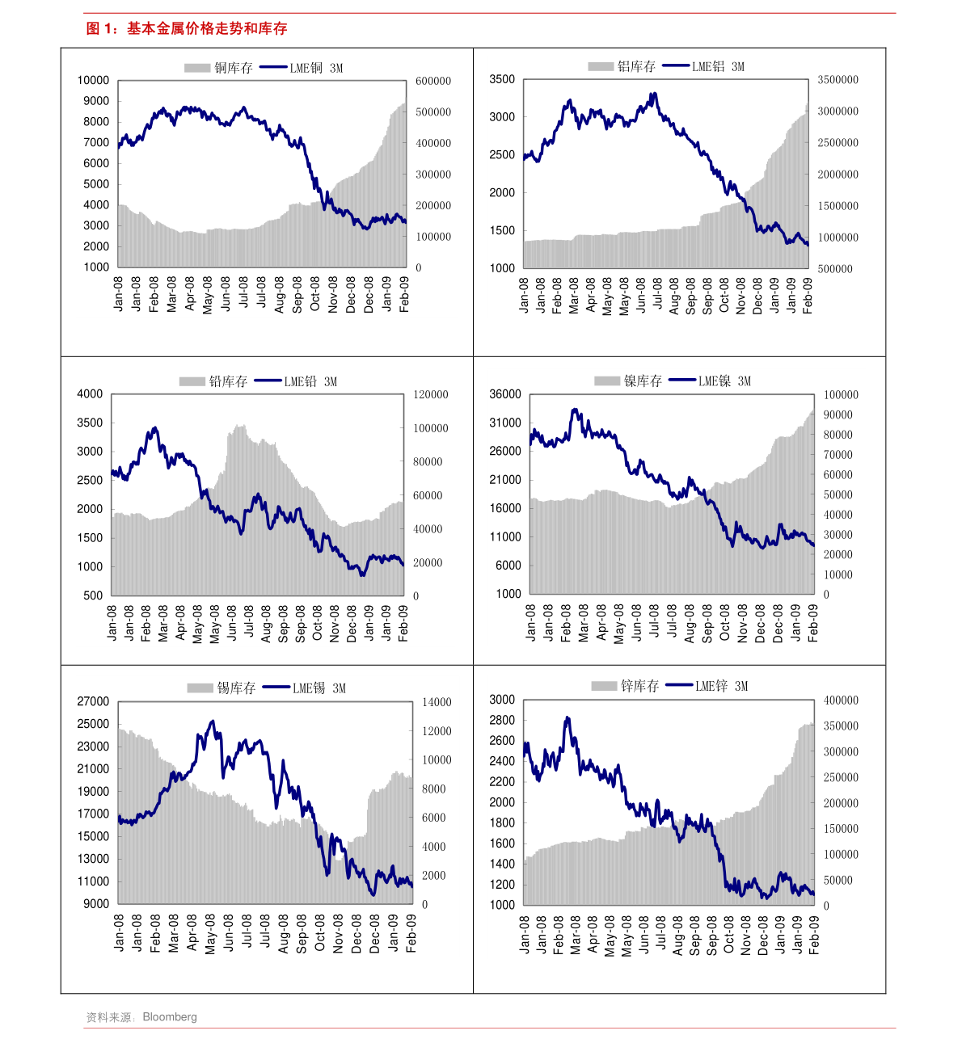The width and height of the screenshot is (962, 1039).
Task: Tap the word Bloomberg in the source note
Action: pyautogui.click(x=169, y=1017)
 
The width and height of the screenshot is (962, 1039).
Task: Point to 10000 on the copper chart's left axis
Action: pyautogui.click(x=93, y=80)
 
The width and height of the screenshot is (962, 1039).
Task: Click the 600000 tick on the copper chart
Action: pyautogui.click(x=433, y=81)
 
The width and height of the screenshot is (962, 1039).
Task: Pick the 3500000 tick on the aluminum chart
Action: pyautogui.click(x=838, y=80)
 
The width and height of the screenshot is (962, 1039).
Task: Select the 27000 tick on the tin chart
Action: pyautogui.click(x=93, y=702)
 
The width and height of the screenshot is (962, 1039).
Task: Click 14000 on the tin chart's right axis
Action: pyautogui.click(x=437, y=703)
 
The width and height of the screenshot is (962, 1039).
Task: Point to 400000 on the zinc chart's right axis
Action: pyautogui.click(x=841, y=700)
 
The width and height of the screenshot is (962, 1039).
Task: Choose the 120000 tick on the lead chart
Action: pyautogui.click(x=431, y=395)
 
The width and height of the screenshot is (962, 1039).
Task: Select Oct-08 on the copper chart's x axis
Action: pyautogui.click(x=314, y=294)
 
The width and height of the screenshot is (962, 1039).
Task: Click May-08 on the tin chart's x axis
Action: pyautogui.click(x=211, y=934)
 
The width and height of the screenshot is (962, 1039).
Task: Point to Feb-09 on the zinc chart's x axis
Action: pyautogui.click(x=814, y=935)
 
